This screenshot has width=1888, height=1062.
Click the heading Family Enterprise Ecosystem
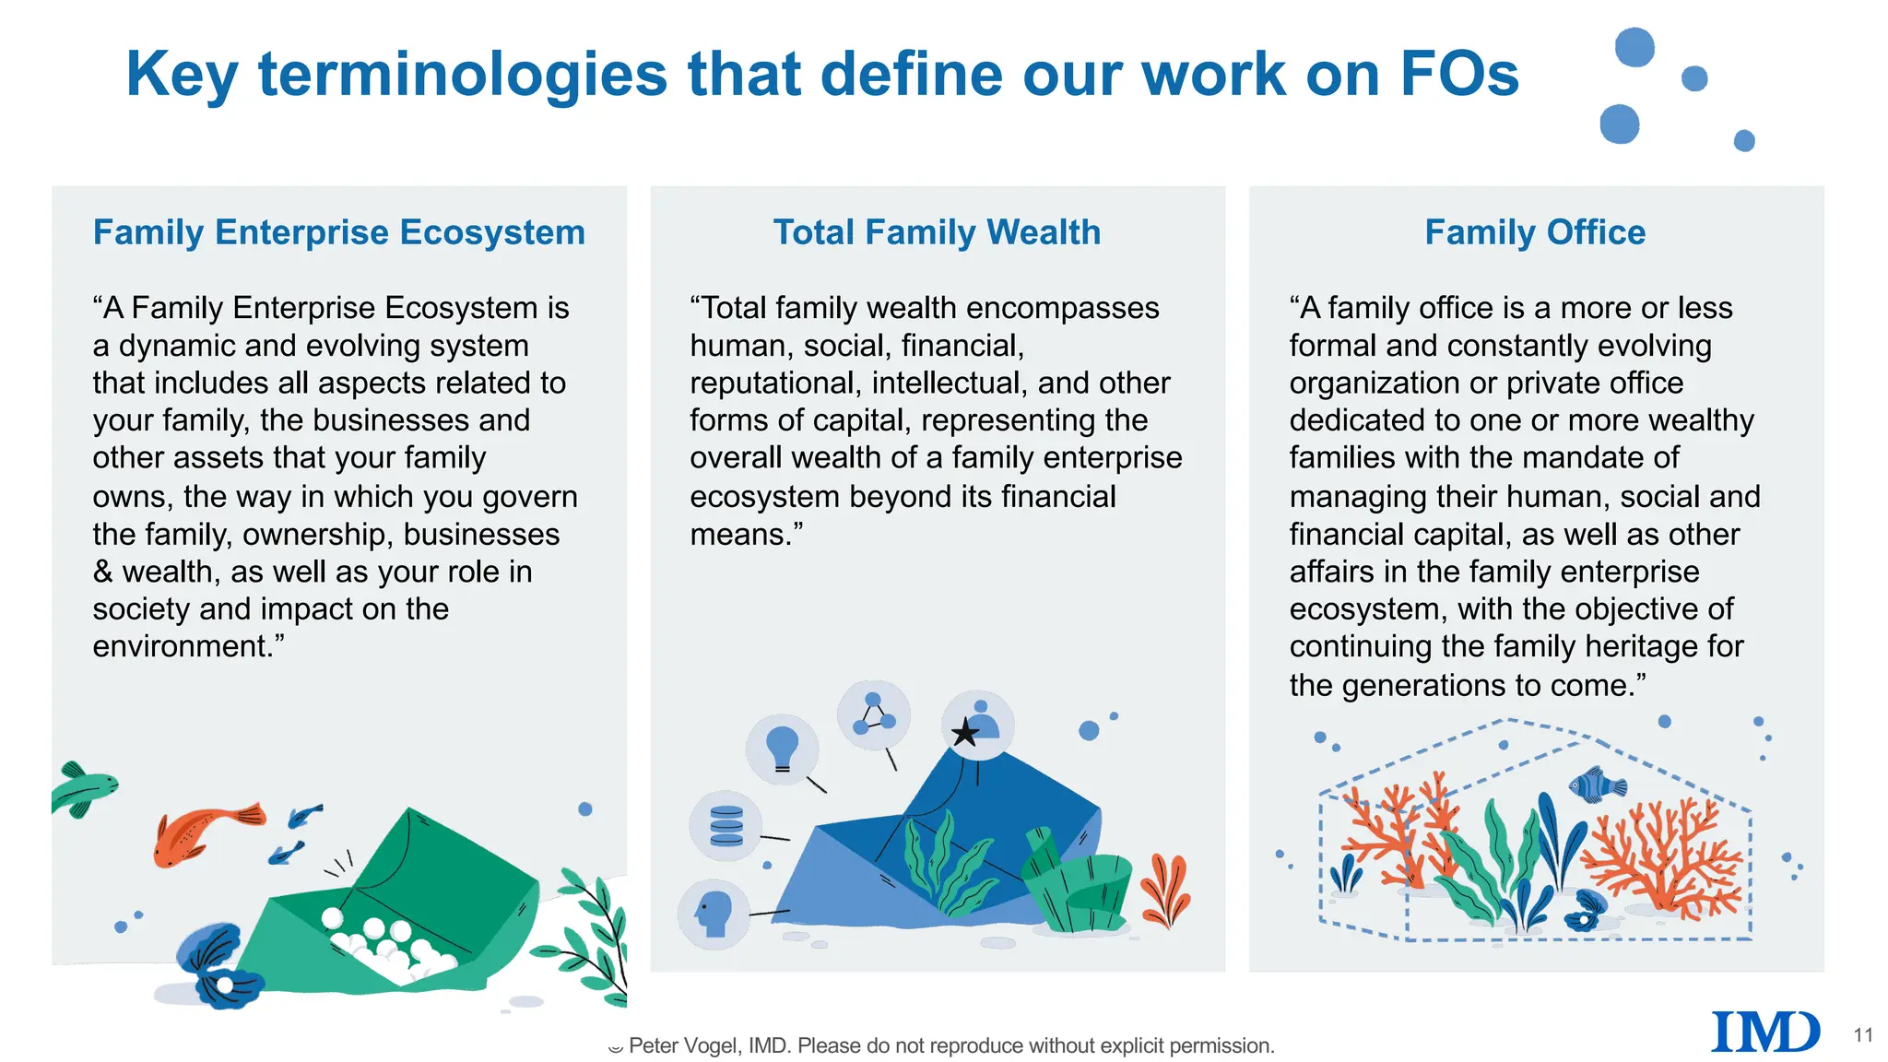click(338, 232)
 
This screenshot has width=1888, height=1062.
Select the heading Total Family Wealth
click(937, 232)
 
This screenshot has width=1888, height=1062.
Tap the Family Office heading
click(1535, 232)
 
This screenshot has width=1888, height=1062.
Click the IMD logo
click(1764, 1032)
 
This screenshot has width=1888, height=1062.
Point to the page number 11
click(1863, 1035)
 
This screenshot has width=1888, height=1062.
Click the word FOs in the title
click(1458, 74)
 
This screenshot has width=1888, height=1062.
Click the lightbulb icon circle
click(782, 748)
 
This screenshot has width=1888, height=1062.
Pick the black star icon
click(964, 733)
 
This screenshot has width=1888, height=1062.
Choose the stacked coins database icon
click(726, 826)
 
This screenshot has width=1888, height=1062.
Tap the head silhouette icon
click(714, 913)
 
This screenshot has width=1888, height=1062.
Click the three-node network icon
click(873, 714)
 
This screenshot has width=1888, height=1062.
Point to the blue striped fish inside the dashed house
click(1597, 785)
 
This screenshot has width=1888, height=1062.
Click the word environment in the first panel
click(179, 646)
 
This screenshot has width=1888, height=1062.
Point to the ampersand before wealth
click(102, 572)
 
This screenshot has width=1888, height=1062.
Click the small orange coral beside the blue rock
click(1165, 890)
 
